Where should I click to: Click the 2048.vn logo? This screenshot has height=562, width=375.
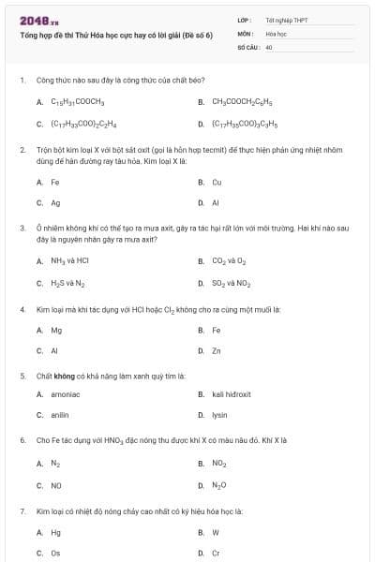pyautogui.click(x=32, y=20)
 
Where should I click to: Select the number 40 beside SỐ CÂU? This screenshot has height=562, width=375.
pyautogui.click(x=269, y=46)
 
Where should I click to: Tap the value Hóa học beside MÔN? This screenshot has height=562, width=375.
pyautogui.click(x=276, y=33)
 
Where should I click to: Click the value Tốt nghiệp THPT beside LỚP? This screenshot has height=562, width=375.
pyautogui.click(x=285, y=20)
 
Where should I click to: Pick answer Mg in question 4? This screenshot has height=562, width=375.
pyautogui.click(x=56, y=330)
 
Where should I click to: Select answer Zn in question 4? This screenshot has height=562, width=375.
pyautogui.click(x=217, y=350)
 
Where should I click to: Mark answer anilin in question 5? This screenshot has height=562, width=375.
pyautogui.click(x=60, y=415)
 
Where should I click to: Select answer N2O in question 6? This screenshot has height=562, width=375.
pyautogui.click(x=218, y=485)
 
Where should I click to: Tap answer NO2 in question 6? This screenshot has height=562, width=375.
pyautogui.click(x=218, y=463)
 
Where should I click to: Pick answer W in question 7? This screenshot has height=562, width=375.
pyautogui.click(x=216, y=532)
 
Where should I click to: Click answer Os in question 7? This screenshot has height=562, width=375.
pyautogui.click(x=55, y=553)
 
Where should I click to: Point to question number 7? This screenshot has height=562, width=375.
pyautogui.click(x=22, y=511)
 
